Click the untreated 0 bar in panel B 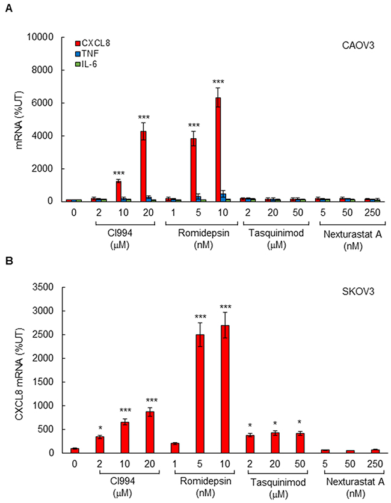click(75, 450)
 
